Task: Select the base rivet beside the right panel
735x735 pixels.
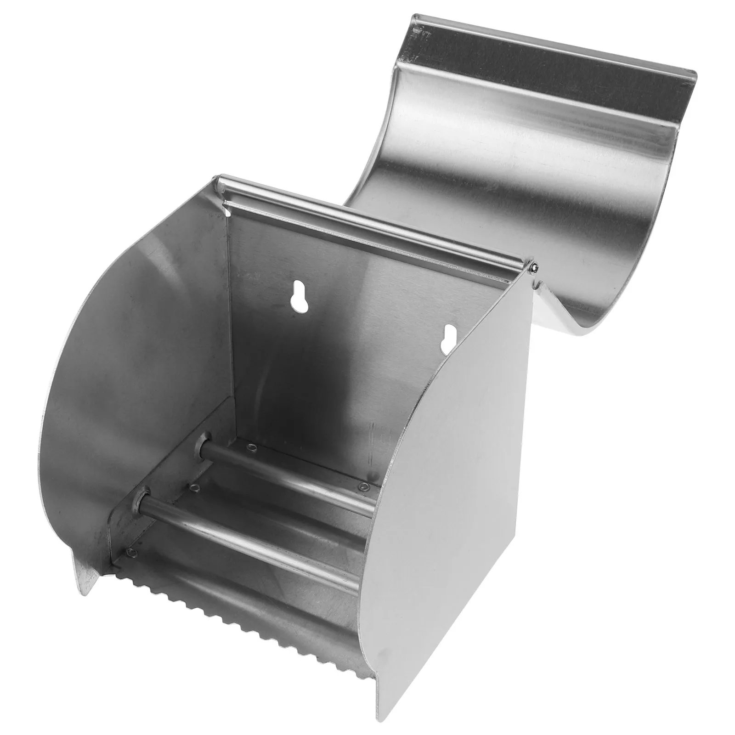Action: click(364, 486)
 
